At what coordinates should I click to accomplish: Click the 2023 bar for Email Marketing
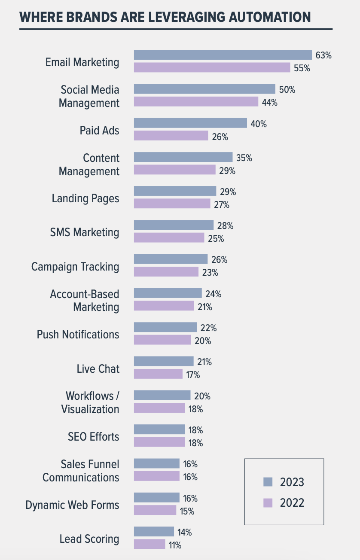(x=223, y=55)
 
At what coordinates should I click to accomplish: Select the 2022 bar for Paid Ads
(x=171, y=136)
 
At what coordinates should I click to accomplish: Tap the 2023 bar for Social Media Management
(x=204, y=89)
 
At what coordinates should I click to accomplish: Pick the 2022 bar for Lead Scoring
(x=149, y=544)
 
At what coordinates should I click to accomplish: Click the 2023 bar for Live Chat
(x=164, y=361)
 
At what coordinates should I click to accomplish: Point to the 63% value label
(x=323, y=55)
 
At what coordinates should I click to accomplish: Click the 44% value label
(x=270, y=102)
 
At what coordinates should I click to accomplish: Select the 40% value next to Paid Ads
(x=259, y=124)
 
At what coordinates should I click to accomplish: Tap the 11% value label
(x=175, y=545)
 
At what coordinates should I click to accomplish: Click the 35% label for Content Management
(x=244, y=158)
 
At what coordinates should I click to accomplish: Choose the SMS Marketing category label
(x=85, y=232)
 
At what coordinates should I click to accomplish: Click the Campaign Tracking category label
(x=75, y=267)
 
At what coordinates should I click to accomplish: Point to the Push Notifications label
(x=78, y=334)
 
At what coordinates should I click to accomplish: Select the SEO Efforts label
(x=93, y=437)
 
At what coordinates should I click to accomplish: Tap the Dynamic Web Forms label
(x=72, y=505)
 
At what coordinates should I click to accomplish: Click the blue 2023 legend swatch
(x=268, y=482)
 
